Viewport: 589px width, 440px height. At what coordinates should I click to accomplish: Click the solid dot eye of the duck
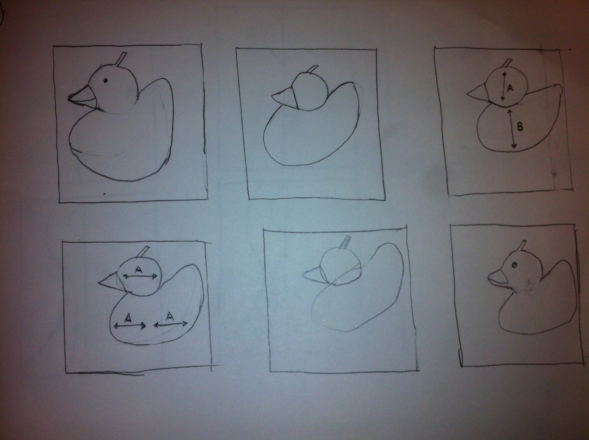(x=105, y=80)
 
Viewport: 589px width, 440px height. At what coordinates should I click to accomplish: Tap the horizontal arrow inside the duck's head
(x=140, y=277)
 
